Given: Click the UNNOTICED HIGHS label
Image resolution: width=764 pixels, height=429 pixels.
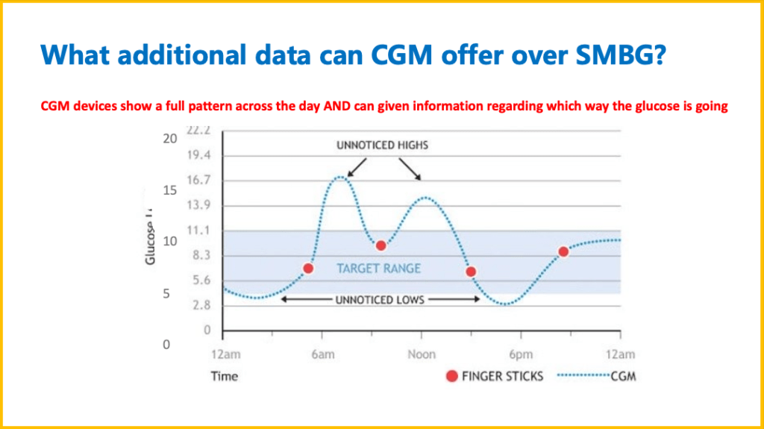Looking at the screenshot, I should click(382, 145).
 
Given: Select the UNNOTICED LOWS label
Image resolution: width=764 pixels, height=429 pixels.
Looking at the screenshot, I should click(380, 300).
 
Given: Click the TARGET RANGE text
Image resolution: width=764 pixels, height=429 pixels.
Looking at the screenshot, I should click(378, 268).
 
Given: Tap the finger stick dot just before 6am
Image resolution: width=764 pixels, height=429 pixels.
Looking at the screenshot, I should click(308, 268).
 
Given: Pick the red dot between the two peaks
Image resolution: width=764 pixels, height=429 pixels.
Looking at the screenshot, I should click(381, 245).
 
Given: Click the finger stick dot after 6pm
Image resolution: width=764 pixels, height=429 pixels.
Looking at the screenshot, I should click(563, 251).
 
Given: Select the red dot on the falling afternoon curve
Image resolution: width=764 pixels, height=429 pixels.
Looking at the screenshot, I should click(471, 272).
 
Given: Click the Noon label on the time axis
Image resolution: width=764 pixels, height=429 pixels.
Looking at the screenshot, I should click(421, 354).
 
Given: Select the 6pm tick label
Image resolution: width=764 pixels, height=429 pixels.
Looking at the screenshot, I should click(521, 354).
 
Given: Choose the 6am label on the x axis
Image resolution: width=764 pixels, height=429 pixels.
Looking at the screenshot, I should click(322, 354).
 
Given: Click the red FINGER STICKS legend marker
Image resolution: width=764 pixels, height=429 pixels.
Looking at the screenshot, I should click(451, 377).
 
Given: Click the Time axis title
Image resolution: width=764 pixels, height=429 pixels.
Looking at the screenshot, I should click(224, 377).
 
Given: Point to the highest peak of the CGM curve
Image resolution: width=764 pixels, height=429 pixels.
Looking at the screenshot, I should click(340, 177).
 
